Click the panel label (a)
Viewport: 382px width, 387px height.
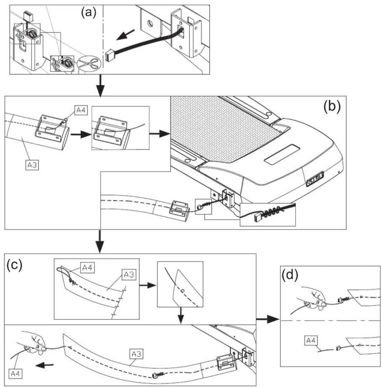point(89,14)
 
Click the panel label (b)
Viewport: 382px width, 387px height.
point(332,106)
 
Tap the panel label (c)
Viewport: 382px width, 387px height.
point(14,265)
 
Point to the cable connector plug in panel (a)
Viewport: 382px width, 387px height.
point(109,57)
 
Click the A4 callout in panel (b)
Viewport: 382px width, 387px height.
point(81,110)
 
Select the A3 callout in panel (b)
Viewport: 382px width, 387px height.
point(32,165)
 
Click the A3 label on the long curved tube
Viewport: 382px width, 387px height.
point(136,354)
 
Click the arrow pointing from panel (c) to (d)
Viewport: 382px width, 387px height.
point(268,319)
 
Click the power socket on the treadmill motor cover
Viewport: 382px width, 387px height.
point(315,178)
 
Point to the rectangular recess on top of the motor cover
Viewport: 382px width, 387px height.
point(282,154)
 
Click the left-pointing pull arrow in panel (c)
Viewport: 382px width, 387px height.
point(44,365)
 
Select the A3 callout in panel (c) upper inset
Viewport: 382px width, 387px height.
point(129,275)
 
